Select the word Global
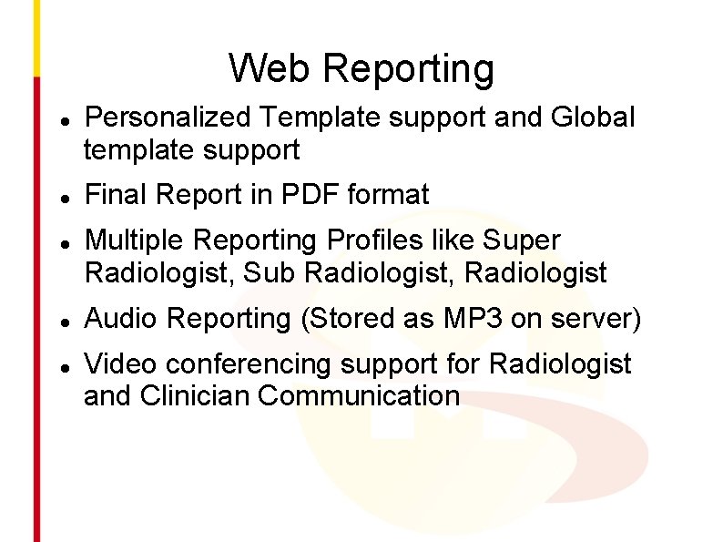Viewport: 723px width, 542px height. click(593, 118)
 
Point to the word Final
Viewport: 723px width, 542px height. click(116, 195)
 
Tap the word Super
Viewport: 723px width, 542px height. click(522, 240)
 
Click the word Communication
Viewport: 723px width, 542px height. click(359, 396)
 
